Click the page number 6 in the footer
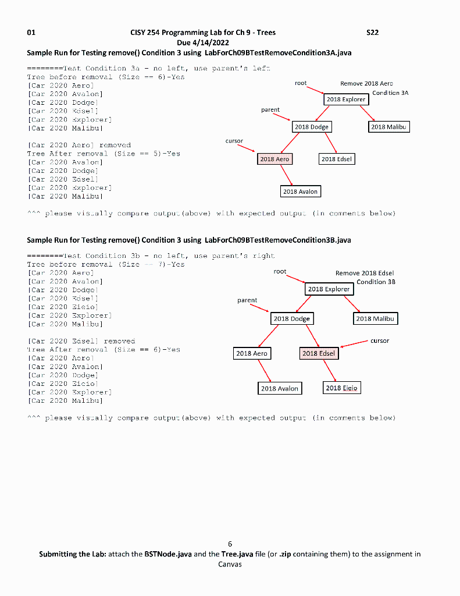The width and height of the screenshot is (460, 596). coord(230,544)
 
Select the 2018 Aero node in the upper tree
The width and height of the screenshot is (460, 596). coord(274,159)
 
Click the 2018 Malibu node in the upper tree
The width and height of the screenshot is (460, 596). coord(390,126)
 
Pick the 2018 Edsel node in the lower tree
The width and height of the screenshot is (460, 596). coord(319,353)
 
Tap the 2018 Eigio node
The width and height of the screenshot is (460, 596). coord(341,388)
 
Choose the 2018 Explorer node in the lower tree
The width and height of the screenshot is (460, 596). coord(329,289)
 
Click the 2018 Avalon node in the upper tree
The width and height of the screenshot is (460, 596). coord(300,191)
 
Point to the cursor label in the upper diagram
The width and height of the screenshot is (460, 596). coord(234,141)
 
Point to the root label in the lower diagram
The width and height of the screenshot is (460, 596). coord(280,271)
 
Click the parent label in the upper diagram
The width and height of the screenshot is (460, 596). coord(270,109)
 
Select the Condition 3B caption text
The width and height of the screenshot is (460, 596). coord(376,282)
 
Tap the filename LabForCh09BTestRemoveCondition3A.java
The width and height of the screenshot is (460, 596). coord(278,53)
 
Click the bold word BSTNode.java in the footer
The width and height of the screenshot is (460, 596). coord(166,554)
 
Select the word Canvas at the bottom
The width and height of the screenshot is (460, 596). coord(230,564)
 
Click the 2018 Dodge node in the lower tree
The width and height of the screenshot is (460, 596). coord(291,318)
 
